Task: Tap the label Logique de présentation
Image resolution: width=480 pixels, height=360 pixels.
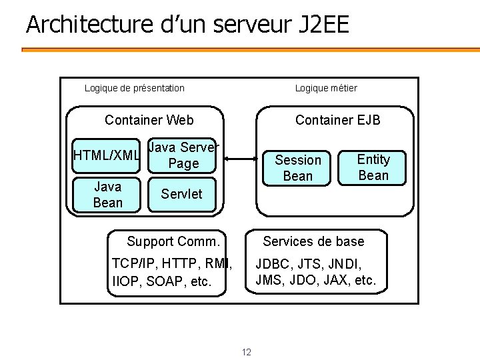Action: coord(135,88)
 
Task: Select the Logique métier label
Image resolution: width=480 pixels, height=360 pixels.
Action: coord(326,88)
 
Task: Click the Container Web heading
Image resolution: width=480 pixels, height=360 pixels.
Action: coord(149,120)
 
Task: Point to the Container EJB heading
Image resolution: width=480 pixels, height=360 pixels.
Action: coord(338,120)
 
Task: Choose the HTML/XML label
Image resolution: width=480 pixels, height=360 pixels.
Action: coord(107,155)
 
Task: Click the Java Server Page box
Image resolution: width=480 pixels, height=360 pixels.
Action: coord(183,155)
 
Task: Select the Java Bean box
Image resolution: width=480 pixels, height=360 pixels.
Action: coord(108,194)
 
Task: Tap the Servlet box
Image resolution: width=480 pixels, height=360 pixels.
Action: coord(181,194)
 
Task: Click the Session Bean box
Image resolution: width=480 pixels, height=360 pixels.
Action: coord(298,167)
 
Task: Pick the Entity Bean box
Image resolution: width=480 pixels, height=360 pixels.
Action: coord(373,167)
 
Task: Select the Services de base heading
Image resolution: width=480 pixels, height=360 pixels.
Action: coord(313,241)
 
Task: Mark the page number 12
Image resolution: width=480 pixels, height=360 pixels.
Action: coord(246,352)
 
